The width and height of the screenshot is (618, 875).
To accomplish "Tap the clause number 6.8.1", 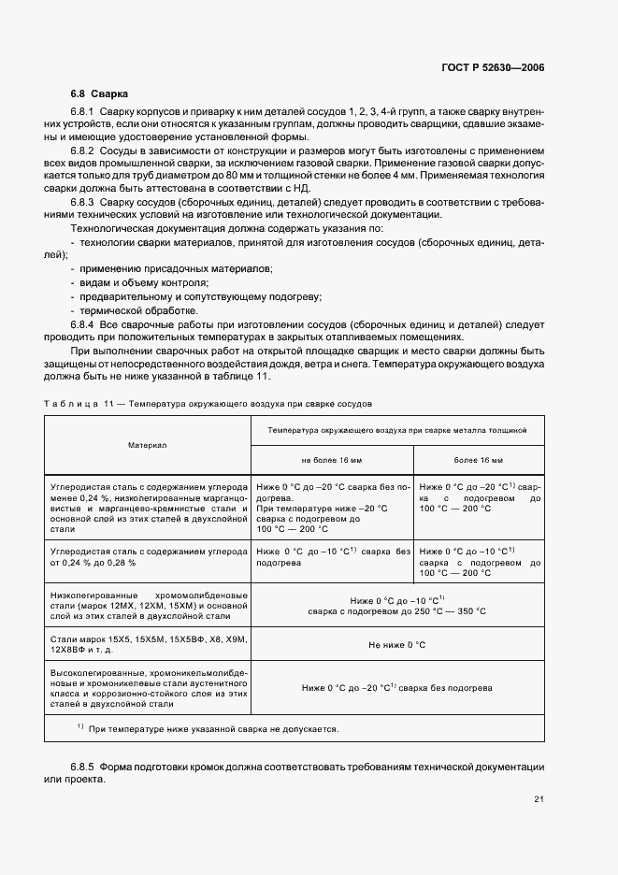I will click(x=83, y=112).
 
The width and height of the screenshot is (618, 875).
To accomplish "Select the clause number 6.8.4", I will click(x=83, y=323).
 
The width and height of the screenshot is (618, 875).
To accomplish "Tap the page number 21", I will click(x=539, y=798).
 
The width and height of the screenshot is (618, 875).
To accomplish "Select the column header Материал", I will click(x=147, y=445).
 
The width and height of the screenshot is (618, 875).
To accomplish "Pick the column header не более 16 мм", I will click(x=332, y=460).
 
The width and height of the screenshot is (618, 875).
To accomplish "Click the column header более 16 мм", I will click(x=479, y=460).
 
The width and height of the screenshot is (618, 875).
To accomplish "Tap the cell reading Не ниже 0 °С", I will click(x=396, y=644).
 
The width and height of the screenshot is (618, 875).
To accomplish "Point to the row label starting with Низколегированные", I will click(x=148, y=606).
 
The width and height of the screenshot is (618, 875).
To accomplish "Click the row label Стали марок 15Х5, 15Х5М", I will click(x=148, y=644).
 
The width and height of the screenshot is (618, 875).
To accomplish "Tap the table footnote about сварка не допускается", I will click(x=208, y=729).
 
